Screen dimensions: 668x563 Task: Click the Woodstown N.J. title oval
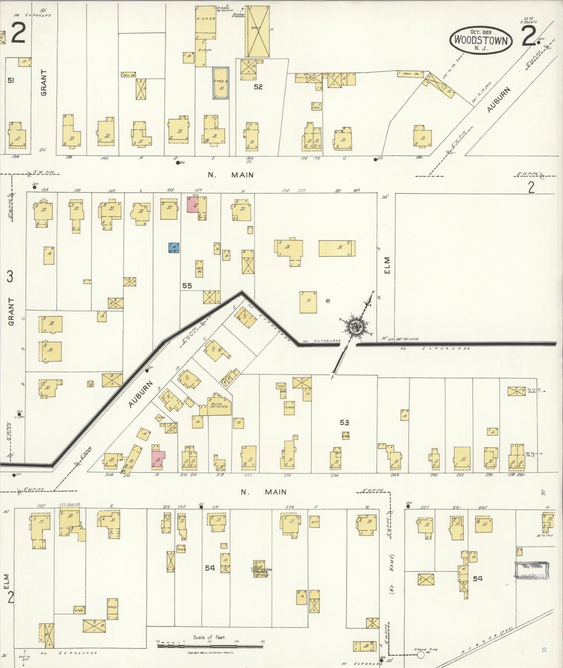[481, 41]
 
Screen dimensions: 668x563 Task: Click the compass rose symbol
[357, 325]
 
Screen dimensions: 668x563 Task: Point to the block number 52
[258, 87]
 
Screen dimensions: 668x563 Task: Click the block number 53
[344, 422]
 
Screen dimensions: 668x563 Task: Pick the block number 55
[187, 286]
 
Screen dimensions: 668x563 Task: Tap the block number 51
[11, 80]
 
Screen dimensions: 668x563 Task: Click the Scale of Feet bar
[210, 646]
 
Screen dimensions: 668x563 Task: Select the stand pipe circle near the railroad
[420, 655]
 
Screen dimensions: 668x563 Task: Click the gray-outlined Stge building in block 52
[221, 83]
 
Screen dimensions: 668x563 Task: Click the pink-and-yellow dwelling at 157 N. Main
[197, 205]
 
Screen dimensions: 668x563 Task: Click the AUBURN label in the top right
[498, 100]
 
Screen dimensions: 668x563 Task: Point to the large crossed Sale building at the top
[257, 32]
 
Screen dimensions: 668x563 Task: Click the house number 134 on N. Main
[16, 157]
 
